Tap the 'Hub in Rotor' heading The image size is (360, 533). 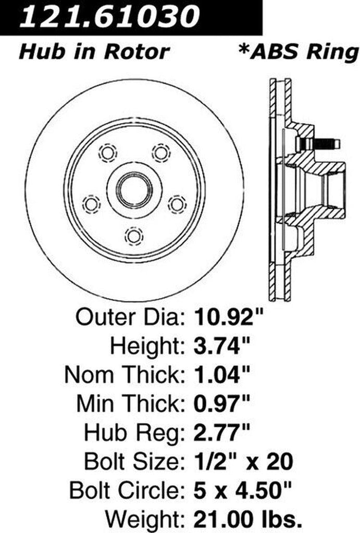pyautogui.click(x=94, y=52)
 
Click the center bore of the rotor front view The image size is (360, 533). pyautogui.click(x=134, y=191)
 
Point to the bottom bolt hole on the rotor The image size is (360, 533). pyautogui.click(x=134, y=235)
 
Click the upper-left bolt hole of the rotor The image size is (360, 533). pyautogui.click(x=108, y=153)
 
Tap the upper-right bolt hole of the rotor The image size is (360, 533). pyautogui.click(x=161, y=153)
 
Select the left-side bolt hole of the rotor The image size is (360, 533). pyautogui.click(x=92, y=204)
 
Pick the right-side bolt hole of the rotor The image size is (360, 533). pyautogui.click(x=177, y=204)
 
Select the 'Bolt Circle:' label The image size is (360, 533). pyautogui.click(x=124, y=490)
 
